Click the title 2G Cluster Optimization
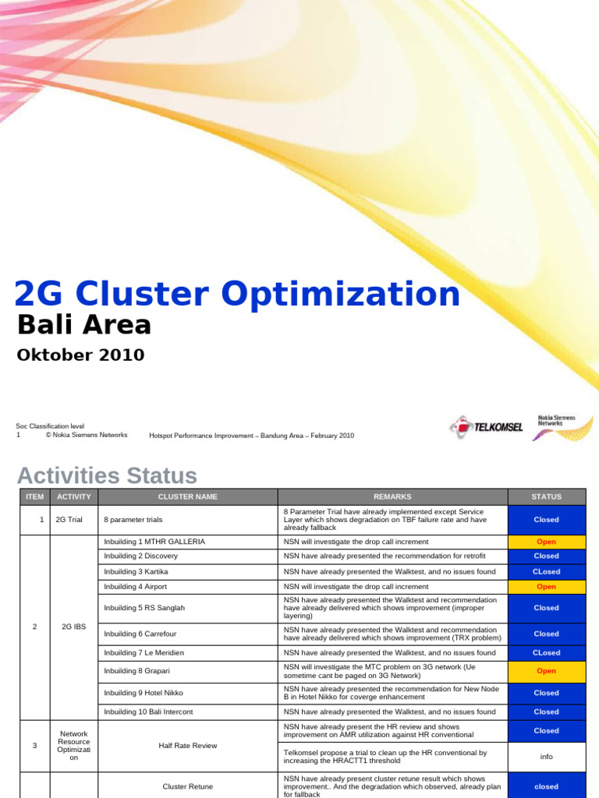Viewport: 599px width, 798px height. coord(238,295)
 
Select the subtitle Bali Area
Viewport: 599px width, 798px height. coord(84,325)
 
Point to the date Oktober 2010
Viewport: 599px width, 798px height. coord(80,355)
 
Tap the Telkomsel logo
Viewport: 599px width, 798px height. coord(486,426)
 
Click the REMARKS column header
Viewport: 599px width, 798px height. coord(392,496)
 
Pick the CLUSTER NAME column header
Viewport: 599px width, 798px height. coord(188,496)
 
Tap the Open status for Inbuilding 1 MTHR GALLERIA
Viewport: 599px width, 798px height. coord(546,541)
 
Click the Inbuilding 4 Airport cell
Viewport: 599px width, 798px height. coord(136,586)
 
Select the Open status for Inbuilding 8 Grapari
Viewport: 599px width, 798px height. coord(546,671)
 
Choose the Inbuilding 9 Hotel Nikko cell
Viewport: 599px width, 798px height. coord(144,693)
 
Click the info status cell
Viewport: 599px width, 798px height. coord(546,755)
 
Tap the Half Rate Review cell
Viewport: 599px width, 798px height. coord(187,746)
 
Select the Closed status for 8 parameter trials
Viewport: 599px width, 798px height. coord(546,519)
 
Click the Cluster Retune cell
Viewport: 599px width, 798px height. coord(187,786)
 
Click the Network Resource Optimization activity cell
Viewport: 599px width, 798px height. coord(74,746)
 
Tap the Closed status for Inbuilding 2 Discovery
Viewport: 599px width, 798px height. coord(546,556)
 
